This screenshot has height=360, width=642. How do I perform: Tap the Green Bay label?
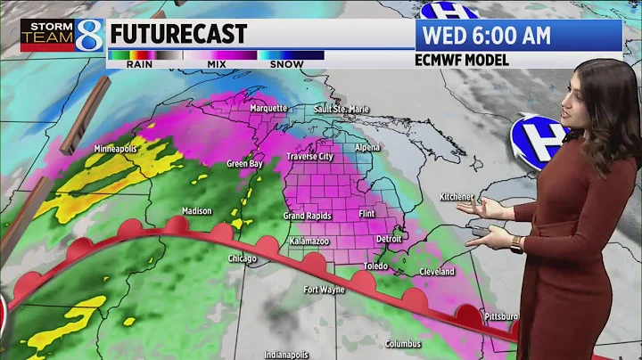pos(243,164)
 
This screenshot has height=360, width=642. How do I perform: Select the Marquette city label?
pos(267,109)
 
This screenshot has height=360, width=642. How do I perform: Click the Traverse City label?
pos(309,157)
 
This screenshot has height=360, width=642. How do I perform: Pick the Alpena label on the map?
pos(366,147)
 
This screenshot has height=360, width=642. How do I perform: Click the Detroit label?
pos(390,240)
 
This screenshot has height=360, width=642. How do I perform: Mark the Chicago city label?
pos(243,259)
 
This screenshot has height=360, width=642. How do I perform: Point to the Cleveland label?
pos(436,272)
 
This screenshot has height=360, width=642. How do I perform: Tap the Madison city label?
pos(197,211)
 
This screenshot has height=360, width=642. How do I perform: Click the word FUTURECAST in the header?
pos(177,34)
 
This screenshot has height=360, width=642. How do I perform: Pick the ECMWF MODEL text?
pos(462,61)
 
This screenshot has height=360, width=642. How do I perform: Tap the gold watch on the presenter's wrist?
pos(517,243)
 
